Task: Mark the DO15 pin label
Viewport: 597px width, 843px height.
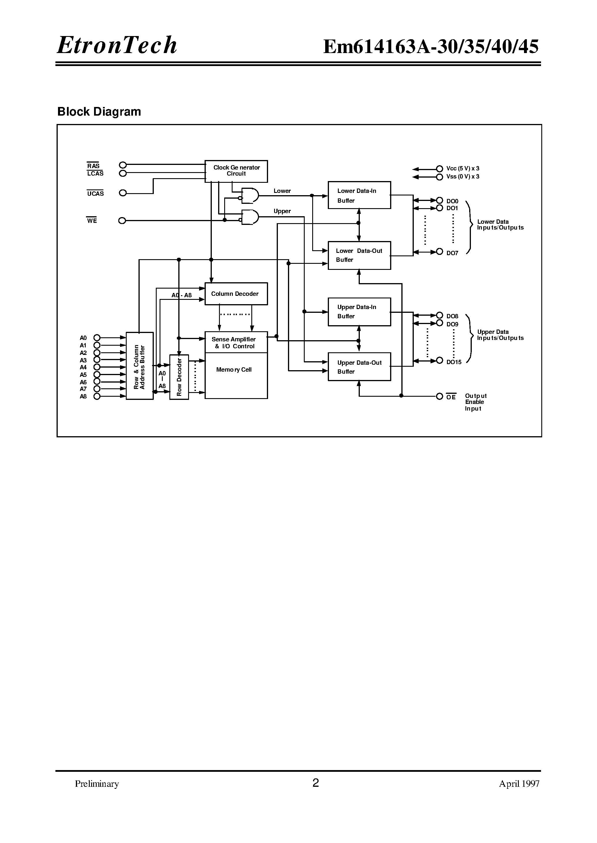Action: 454,362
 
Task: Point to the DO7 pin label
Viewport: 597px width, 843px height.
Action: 452,253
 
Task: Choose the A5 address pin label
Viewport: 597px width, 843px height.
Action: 83,375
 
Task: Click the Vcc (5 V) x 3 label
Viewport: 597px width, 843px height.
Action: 463,169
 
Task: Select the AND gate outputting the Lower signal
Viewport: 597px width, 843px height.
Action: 250,195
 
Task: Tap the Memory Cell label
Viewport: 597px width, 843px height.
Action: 234,370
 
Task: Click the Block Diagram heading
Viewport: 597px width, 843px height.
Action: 99,112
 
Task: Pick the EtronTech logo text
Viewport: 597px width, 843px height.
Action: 117,45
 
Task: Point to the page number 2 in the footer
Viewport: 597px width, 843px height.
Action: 315,783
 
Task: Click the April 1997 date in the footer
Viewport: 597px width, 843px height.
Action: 519,784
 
